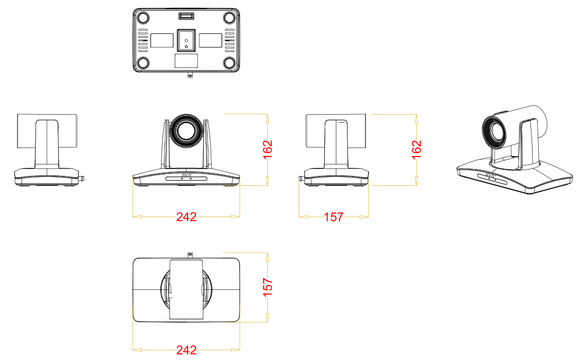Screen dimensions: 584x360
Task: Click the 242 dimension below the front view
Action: (x=186, y=216)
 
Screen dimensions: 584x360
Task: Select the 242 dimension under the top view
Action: (x=186, y=350)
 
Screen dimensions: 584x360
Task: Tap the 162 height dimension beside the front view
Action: (x=268, y=149)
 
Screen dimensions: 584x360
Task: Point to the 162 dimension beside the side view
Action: (x=416, y=149)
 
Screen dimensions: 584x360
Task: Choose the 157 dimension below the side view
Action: (x=333, y=216)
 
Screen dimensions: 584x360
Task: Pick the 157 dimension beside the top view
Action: (x=268, y=287)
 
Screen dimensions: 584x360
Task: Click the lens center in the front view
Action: (x=186, y=131)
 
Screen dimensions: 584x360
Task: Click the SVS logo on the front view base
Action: (x=186, y=175)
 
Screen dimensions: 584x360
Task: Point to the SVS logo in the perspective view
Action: (x=490, y=174)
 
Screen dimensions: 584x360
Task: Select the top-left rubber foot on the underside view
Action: (x=143, y=18)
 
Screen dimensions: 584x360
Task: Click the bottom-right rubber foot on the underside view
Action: (x=229, y=62)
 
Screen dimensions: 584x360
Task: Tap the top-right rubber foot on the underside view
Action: (x=229, y=18)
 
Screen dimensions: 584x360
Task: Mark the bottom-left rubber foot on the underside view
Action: (x=143, y=62)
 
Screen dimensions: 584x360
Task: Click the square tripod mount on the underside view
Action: (x=186, y=40)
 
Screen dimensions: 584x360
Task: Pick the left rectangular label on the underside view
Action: (x=162, y=40)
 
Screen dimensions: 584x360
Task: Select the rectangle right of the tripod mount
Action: (x=211, y=40)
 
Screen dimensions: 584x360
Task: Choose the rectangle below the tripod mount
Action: (x=186, y=60)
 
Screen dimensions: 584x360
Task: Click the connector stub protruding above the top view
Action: (x=190, y=255)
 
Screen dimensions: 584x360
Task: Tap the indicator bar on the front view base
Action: (x=186, y=179)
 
